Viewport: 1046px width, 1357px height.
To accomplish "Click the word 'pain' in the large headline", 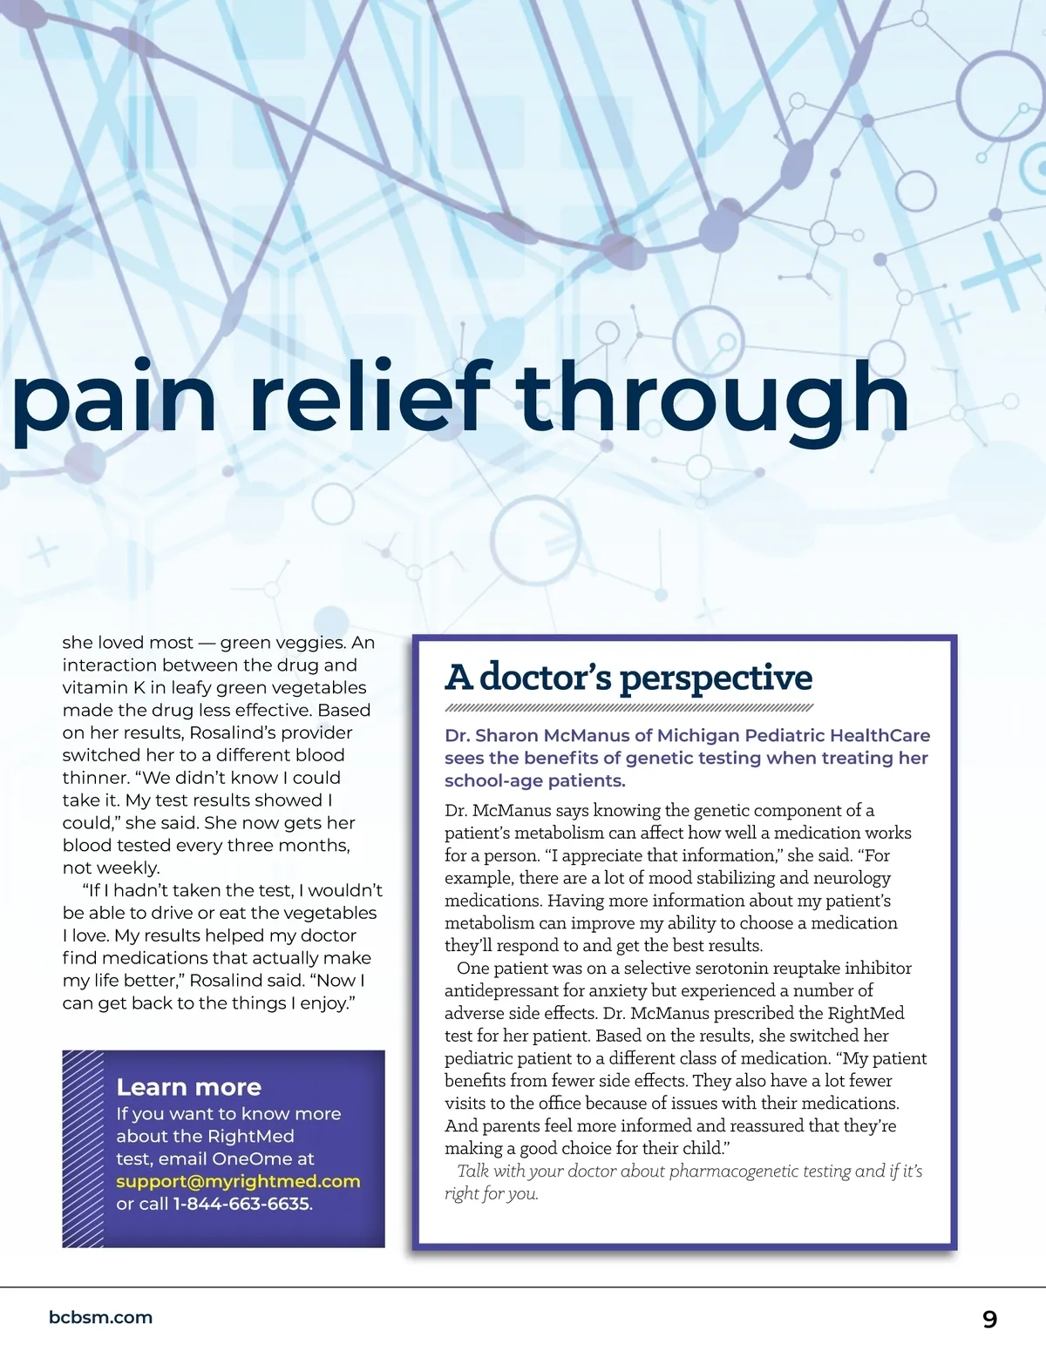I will [113, 399].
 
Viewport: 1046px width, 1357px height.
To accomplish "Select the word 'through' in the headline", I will [713, 399].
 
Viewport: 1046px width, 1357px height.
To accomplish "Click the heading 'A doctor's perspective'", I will [628, 677].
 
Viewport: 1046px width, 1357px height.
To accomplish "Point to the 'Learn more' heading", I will [188, 1087].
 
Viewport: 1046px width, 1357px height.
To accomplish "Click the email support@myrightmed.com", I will [238, 1181].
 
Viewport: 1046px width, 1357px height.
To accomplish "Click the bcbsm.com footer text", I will [101, 1317].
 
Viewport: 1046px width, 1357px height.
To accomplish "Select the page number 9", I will [989, 1319].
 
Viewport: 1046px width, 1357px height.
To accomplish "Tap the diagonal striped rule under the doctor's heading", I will [628, 707].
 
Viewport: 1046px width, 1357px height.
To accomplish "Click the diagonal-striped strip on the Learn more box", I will [83, 1149].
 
